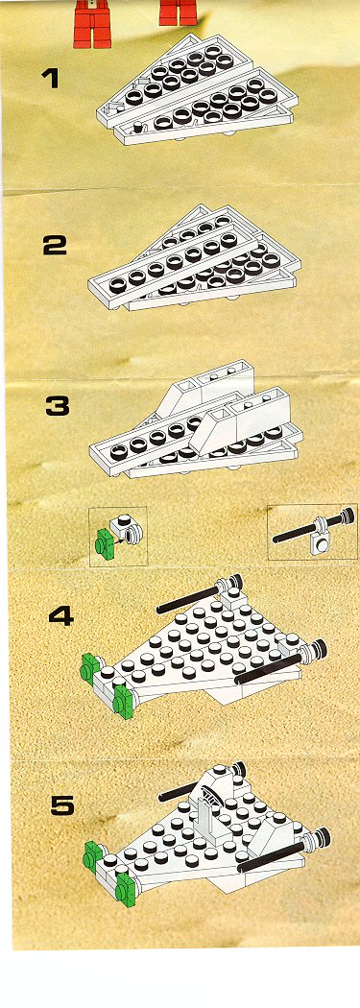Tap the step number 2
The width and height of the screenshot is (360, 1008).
coord(55,245)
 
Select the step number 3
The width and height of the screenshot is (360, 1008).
coord(58,407)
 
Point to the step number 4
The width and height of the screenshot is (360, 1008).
coord(61,617)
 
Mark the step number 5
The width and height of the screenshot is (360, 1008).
coord(62,805)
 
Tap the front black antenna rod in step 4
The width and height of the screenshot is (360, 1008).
coord(281,660)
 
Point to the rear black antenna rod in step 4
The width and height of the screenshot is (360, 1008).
coord(199,592)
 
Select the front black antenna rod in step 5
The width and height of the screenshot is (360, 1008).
coord(284,849)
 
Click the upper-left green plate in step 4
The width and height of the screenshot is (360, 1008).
coord(91,668)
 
